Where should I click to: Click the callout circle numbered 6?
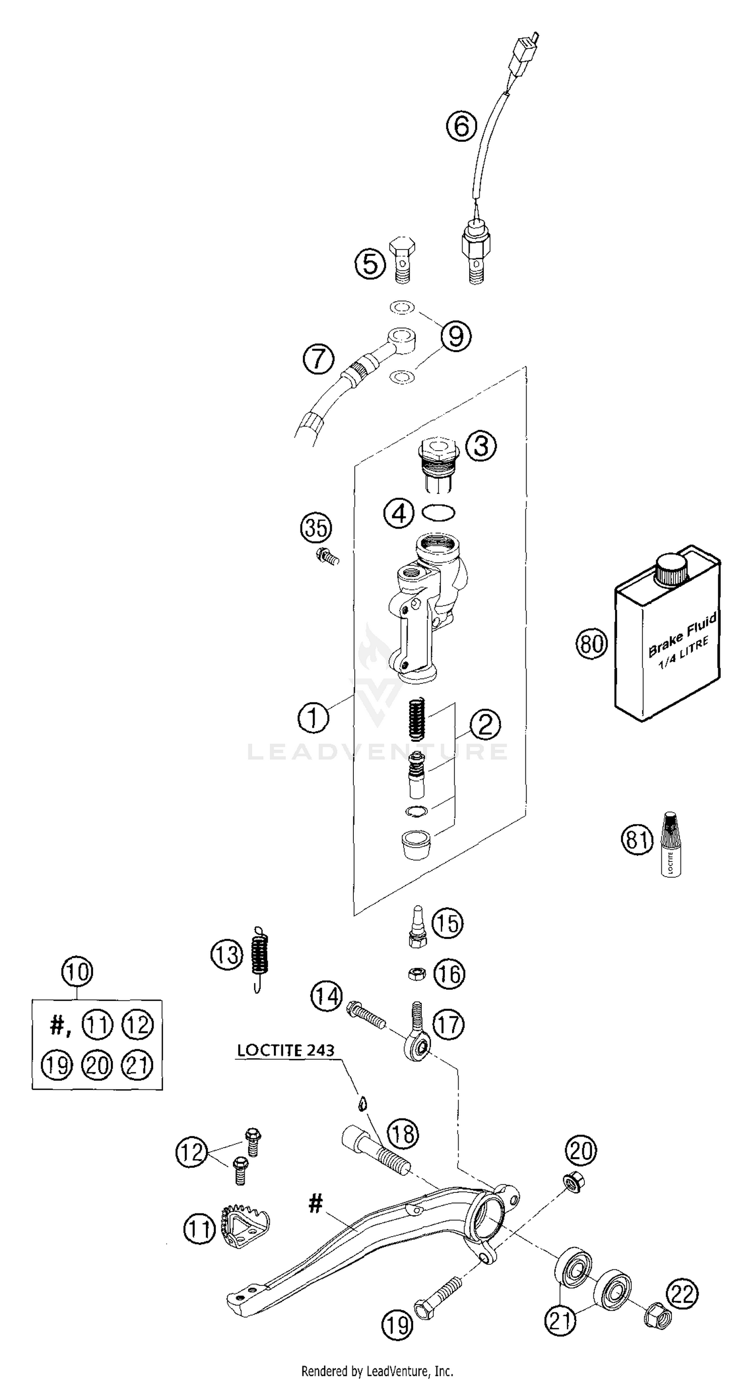461,127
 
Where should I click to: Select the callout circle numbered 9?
456,336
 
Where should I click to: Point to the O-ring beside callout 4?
438,512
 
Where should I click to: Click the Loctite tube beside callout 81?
670,844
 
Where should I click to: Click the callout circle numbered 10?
78,972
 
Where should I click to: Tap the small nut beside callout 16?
417,974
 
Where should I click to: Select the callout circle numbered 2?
485,724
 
